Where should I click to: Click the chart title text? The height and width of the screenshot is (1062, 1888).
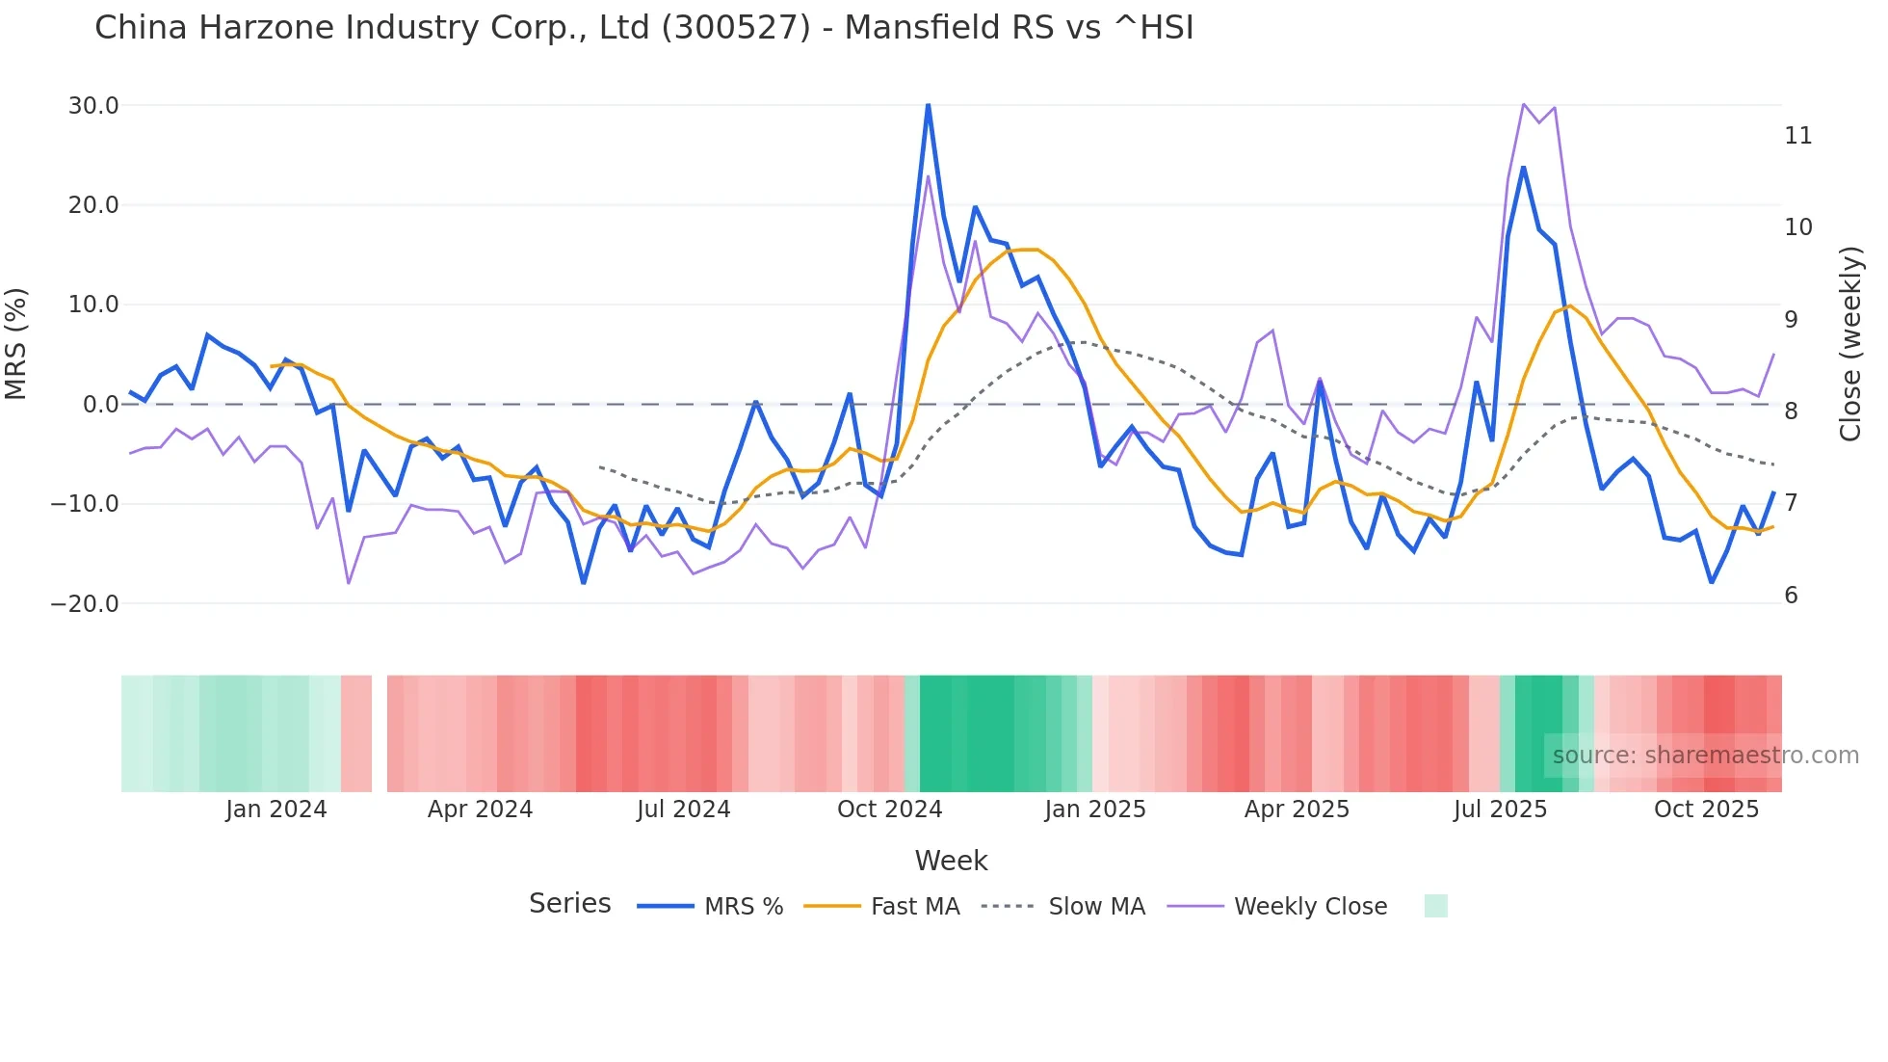(643, 28)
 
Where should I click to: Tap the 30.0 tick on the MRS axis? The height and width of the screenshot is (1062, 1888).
(93, 106)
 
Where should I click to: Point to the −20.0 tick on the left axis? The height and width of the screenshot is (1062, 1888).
(85, 604)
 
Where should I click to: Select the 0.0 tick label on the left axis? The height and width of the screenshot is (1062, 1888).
(100, 405)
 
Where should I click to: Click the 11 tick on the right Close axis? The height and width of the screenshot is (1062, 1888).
(1797, 136)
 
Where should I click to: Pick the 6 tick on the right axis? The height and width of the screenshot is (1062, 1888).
(1791, 596)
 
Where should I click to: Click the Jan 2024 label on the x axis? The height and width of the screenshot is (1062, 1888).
(276, 810)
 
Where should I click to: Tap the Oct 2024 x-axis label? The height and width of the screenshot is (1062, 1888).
(889, 810)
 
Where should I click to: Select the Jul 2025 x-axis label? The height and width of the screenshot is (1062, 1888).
(1500, 810)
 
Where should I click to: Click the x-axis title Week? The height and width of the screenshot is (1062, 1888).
(951, 861)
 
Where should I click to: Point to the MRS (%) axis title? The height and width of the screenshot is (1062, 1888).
(16, 344)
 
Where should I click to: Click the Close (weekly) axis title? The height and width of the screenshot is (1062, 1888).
(1850, 344)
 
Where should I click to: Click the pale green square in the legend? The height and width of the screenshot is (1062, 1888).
(1435, 906)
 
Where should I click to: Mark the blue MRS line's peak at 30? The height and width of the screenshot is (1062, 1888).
(928, 105)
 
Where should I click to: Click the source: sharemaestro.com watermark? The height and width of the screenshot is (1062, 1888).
(1705, 756)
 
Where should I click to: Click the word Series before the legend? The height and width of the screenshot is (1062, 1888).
(569, 904)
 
